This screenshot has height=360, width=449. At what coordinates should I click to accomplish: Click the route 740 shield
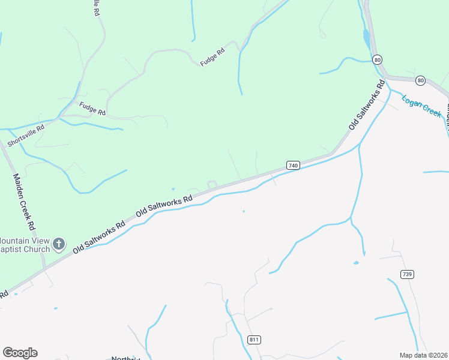click(293, 165)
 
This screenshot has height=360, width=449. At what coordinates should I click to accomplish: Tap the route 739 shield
click(407, 274)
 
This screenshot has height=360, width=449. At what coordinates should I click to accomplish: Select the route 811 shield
click(254, 340)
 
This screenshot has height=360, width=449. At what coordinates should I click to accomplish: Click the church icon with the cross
click(58, 244)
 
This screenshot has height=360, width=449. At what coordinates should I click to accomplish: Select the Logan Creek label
click(421, 106)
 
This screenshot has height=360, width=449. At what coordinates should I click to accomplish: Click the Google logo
click(20, 352)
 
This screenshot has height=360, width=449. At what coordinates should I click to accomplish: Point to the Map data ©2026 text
click(423, 355)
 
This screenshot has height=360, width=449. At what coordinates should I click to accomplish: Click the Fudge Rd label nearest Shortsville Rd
click(92, 109)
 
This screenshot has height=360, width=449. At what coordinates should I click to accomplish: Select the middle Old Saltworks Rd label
click(164, 205)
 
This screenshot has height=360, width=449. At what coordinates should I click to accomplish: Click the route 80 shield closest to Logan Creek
click(420, 80)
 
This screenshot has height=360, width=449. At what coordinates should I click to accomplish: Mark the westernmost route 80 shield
click(377, 59)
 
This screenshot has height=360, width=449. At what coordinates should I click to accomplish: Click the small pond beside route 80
click(366, 39)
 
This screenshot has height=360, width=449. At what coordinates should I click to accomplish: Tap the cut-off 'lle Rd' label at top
click(96, 7)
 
